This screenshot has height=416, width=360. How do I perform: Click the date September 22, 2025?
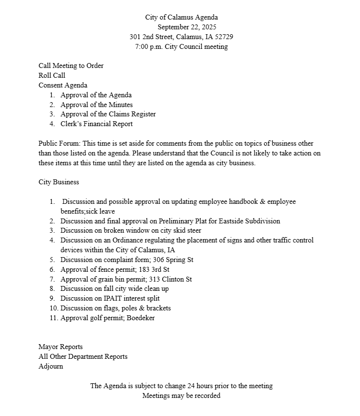187,27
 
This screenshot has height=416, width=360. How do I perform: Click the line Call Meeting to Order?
71,66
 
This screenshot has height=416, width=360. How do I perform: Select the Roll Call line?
52,75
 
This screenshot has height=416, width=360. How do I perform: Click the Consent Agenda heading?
63,85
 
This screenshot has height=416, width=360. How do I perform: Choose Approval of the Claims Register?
108,114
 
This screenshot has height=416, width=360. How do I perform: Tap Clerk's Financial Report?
96,124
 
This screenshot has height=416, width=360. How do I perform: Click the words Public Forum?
59,143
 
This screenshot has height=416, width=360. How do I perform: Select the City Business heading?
59,182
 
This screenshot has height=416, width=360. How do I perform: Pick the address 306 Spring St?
173,260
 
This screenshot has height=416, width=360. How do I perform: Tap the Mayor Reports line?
61,347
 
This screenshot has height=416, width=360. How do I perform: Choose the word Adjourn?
51,366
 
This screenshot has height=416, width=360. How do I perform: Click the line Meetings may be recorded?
181,395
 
